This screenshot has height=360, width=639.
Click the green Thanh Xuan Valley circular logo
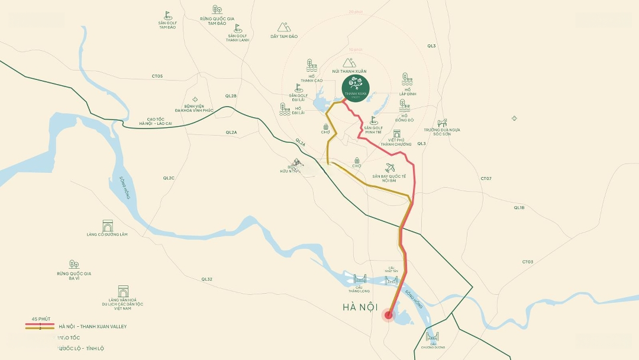[x=356, y=88]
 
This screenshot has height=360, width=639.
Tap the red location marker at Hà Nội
[x=388, y=315]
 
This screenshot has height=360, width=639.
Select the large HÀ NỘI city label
[x=360, y=307]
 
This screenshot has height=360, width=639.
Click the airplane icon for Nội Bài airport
[x=389, y=168]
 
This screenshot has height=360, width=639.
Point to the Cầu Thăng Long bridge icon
[x=360, y=279]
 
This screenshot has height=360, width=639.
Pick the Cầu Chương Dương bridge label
[x=433, y=345]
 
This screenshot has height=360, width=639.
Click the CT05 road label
[x=157, y=76]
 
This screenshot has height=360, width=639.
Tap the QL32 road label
[x=206, y=279]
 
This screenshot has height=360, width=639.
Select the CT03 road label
[x=527, y=262]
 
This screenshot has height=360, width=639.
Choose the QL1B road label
[x=519, y=207]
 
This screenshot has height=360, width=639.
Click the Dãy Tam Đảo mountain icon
[x=284, y=27]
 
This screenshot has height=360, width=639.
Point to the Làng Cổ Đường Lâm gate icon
[x=107, y=226]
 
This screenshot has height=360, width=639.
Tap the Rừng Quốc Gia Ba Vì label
[x=74, y=275]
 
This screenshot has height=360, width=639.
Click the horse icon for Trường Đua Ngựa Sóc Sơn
[x=442, y=123]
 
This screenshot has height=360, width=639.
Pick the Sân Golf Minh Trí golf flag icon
[x=373, y=120]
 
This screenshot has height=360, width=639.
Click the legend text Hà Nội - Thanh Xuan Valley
[x=93, y=326]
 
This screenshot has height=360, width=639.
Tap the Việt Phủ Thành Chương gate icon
[x=396, y=134]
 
